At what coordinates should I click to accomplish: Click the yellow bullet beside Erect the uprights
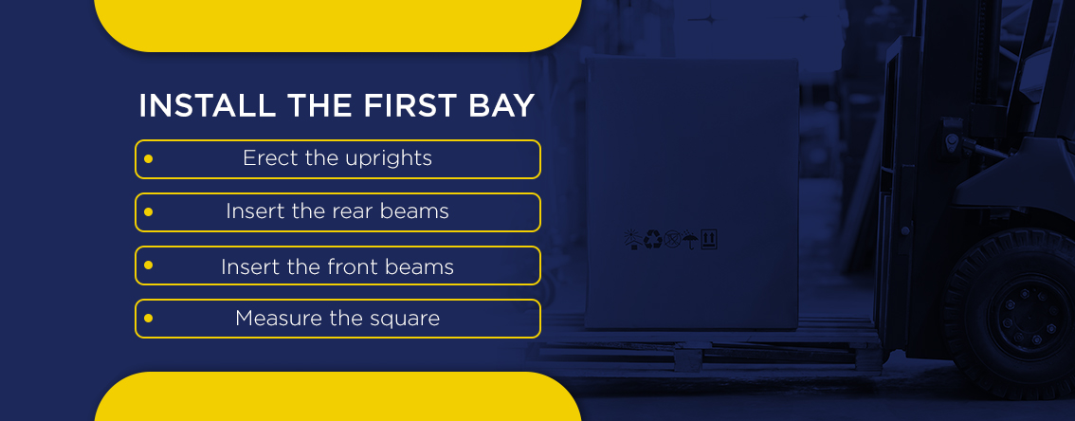[x=148, y=159]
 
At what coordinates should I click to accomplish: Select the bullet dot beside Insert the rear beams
[x=148, y=211]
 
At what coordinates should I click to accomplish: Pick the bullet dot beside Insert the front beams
[x=148, y=265]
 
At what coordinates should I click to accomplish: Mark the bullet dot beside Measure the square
[x=148, y=319]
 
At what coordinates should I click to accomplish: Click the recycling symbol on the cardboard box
[x=652, y=239]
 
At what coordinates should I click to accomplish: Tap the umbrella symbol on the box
[x=690, y=240]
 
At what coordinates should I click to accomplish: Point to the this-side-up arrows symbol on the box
[x=709, y=239]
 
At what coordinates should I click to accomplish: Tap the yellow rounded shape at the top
[x=338, y=26]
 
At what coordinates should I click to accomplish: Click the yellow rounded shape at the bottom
[x=338, y=396]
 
